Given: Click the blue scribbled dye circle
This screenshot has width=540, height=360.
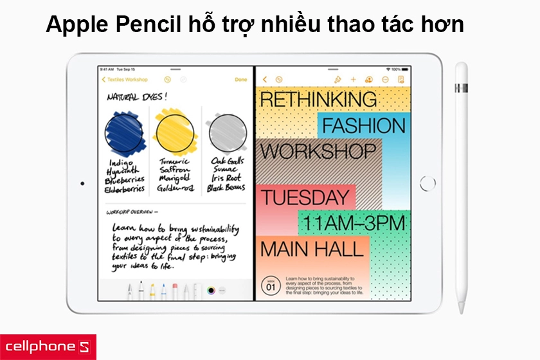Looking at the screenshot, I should tap(125, 133).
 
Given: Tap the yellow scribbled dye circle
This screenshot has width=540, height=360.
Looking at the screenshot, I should tap(174, 133).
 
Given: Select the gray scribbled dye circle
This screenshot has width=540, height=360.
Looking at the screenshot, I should tap(226, 133).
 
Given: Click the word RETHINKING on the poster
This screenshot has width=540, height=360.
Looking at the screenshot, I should tap(318, 99).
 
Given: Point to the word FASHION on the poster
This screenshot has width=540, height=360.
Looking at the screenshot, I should tap(363, 125).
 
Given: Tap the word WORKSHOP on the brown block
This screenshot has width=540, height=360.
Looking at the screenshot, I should tap(318, 152).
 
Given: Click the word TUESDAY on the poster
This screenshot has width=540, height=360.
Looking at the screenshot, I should tap(304, 197).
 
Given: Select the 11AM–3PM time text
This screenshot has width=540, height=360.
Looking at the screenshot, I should tap(354, 222).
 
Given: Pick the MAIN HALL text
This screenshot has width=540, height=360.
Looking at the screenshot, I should tap(311, 249).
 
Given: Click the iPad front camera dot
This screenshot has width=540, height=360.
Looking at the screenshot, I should tap(82, 183).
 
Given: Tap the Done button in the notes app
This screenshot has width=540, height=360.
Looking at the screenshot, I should tap(240, 80).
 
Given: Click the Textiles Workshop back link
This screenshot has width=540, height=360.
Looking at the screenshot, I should tap(126, 80).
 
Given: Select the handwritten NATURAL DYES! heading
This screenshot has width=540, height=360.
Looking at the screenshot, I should tap(136, 97).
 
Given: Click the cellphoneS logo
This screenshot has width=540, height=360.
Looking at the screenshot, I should tap(48, 346).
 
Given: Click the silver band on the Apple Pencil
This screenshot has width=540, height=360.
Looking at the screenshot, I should tap(461, 87).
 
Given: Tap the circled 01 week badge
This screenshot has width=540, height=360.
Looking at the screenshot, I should tap(271, 285).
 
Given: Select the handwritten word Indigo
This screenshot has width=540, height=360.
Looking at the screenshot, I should tap(122, 163).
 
